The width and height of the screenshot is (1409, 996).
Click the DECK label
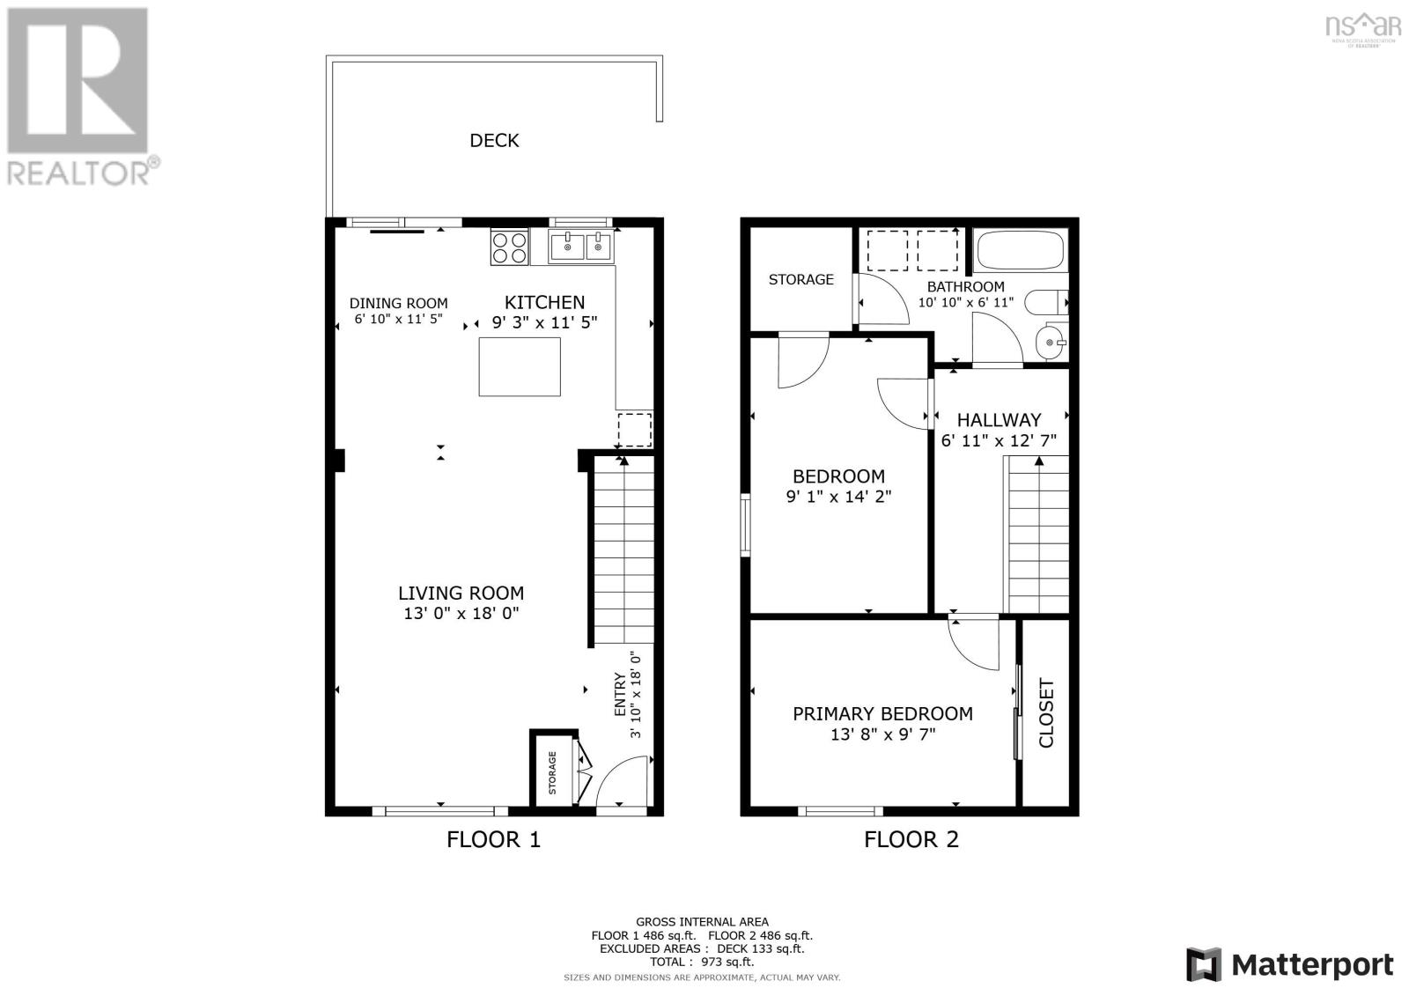(x=494, y=141)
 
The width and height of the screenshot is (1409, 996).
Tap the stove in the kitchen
(x=510, y=247)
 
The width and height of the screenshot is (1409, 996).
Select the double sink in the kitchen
(x=580, y=247)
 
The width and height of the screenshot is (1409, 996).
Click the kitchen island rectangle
(x=520, y=366)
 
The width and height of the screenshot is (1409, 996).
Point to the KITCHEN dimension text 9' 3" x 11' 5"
(x=544, y=323)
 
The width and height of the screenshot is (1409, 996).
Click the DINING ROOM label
(x=398, y=304)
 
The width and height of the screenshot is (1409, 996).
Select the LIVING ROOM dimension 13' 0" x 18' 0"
(x=461, y=614)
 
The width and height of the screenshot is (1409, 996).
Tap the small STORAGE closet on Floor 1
(x=553, y=771)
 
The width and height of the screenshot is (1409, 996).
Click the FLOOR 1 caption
(x=493, y=839)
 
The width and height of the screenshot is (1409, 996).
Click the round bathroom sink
(x=1050, y=342)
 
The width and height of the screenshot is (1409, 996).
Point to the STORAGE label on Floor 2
(x=800, y=280)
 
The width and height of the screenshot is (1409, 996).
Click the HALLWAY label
(x=999, y=420)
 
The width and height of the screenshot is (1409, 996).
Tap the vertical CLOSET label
(x=1046, y=712)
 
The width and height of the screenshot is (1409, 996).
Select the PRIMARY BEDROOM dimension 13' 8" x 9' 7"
(x=882, y=734)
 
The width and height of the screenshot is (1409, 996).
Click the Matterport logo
(x=1289, y=964)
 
